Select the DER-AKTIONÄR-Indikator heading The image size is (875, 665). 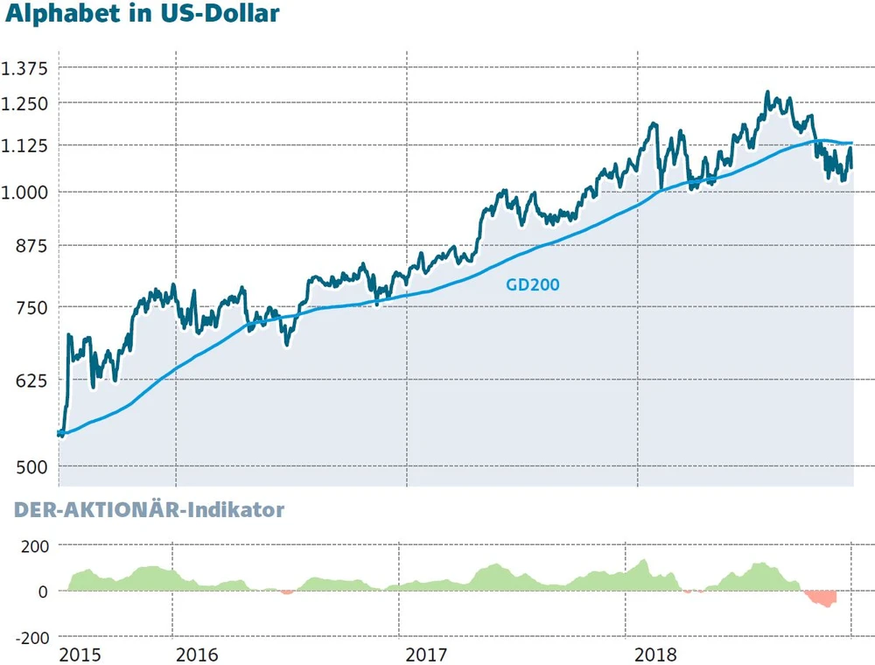(149, 510)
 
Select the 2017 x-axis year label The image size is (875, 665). (427, 654)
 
